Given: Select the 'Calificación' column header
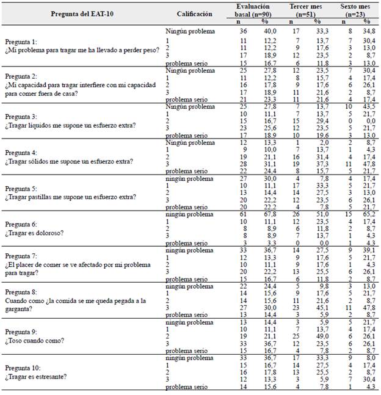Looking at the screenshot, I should pyautogui.click(x=195, y=13).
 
